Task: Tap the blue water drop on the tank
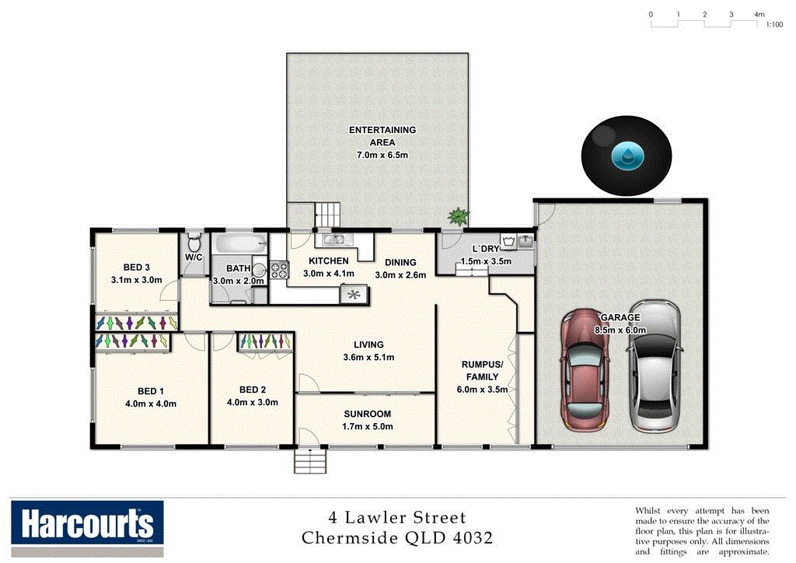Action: (x=627, y=156)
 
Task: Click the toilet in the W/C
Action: (x=194, y=241)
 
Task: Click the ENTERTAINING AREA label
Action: (x=382, y=136)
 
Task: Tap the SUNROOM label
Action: (x=368, y=414)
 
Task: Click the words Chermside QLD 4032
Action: (x=396, y=537)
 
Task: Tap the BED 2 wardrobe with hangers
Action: (x=264, y=341)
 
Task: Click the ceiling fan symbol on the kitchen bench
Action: (x=354, y=295)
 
